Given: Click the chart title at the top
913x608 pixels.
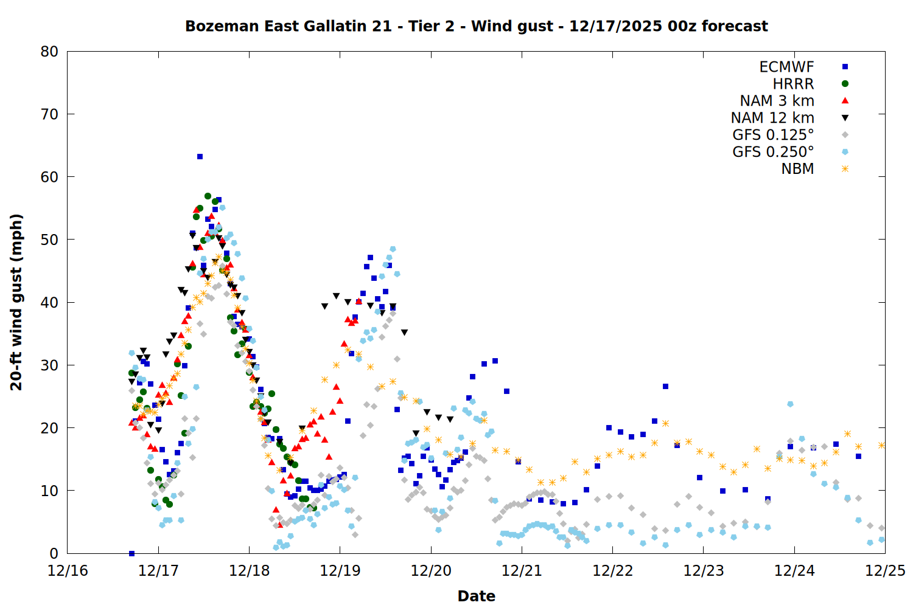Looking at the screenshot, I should (476, 26).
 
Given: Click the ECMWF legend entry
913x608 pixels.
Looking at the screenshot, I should (786, 67).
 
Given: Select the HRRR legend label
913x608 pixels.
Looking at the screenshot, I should (793, 84).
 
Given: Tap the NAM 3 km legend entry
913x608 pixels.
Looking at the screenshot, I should (777, 101).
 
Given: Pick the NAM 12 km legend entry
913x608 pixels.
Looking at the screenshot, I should (772, 118).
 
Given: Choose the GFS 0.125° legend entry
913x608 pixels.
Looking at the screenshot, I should (773, 135).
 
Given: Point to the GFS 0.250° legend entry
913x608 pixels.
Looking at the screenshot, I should (773, 152).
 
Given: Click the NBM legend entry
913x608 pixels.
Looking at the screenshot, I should (797, 169).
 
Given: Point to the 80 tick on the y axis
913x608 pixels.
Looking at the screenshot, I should (49, 52).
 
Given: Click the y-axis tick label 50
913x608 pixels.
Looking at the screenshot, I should (49, 240).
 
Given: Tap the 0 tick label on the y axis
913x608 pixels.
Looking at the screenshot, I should (54, 553).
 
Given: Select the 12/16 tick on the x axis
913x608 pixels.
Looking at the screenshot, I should (68, 572).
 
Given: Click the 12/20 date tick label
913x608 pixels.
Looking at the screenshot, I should (431, 572).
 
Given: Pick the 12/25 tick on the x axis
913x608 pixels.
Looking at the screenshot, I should (885, 572).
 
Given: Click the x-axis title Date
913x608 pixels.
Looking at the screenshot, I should (476, 596).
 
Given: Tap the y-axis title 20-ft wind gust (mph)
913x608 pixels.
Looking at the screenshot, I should (16, 302).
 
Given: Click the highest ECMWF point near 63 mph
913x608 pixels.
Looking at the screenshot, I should (200, 157).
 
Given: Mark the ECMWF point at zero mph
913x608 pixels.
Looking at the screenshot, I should (131, 553).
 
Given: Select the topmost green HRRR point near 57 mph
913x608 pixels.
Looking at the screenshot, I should (208, 196).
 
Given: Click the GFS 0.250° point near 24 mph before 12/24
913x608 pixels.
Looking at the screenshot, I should (790, 404).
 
